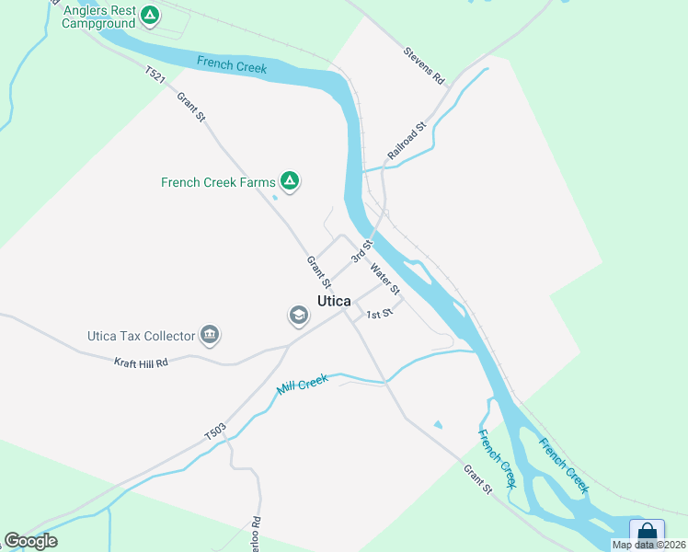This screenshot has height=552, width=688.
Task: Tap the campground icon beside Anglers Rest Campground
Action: click(x=150, y=16)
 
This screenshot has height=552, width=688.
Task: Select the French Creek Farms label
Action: click(x=218, y=182)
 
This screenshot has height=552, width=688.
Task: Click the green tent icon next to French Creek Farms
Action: click(x=290, y=181)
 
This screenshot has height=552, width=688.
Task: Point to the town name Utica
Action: click(x=334, y=302)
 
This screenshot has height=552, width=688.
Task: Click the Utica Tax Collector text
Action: click(x=141, y=336)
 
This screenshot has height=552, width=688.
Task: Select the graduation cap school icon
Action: click(x=298, y=316)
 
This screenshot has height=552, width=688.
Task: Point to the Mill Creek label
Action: click(x=303, y=384)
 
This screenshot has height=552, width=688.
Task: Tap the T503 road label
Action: click(x=214, y=431)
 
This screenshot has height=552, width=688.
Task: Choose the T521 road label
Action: click(x=155, y=74)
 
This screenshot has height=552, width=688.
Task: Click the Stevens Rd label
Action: click(x=424, y=66)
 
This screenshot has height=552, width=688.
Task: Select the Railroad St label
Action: click(x=407, y=141)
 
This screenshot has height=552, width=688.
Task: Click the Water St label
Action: click(x=384, y=280)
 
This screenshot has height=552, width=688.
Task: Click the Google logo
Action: click(x=30, y=541)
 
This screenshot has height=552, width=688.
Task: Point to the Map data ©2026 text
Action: click(x=649, y=545)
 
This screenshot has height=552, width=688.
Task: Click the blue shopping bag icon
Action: click(x=647, y=533)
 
